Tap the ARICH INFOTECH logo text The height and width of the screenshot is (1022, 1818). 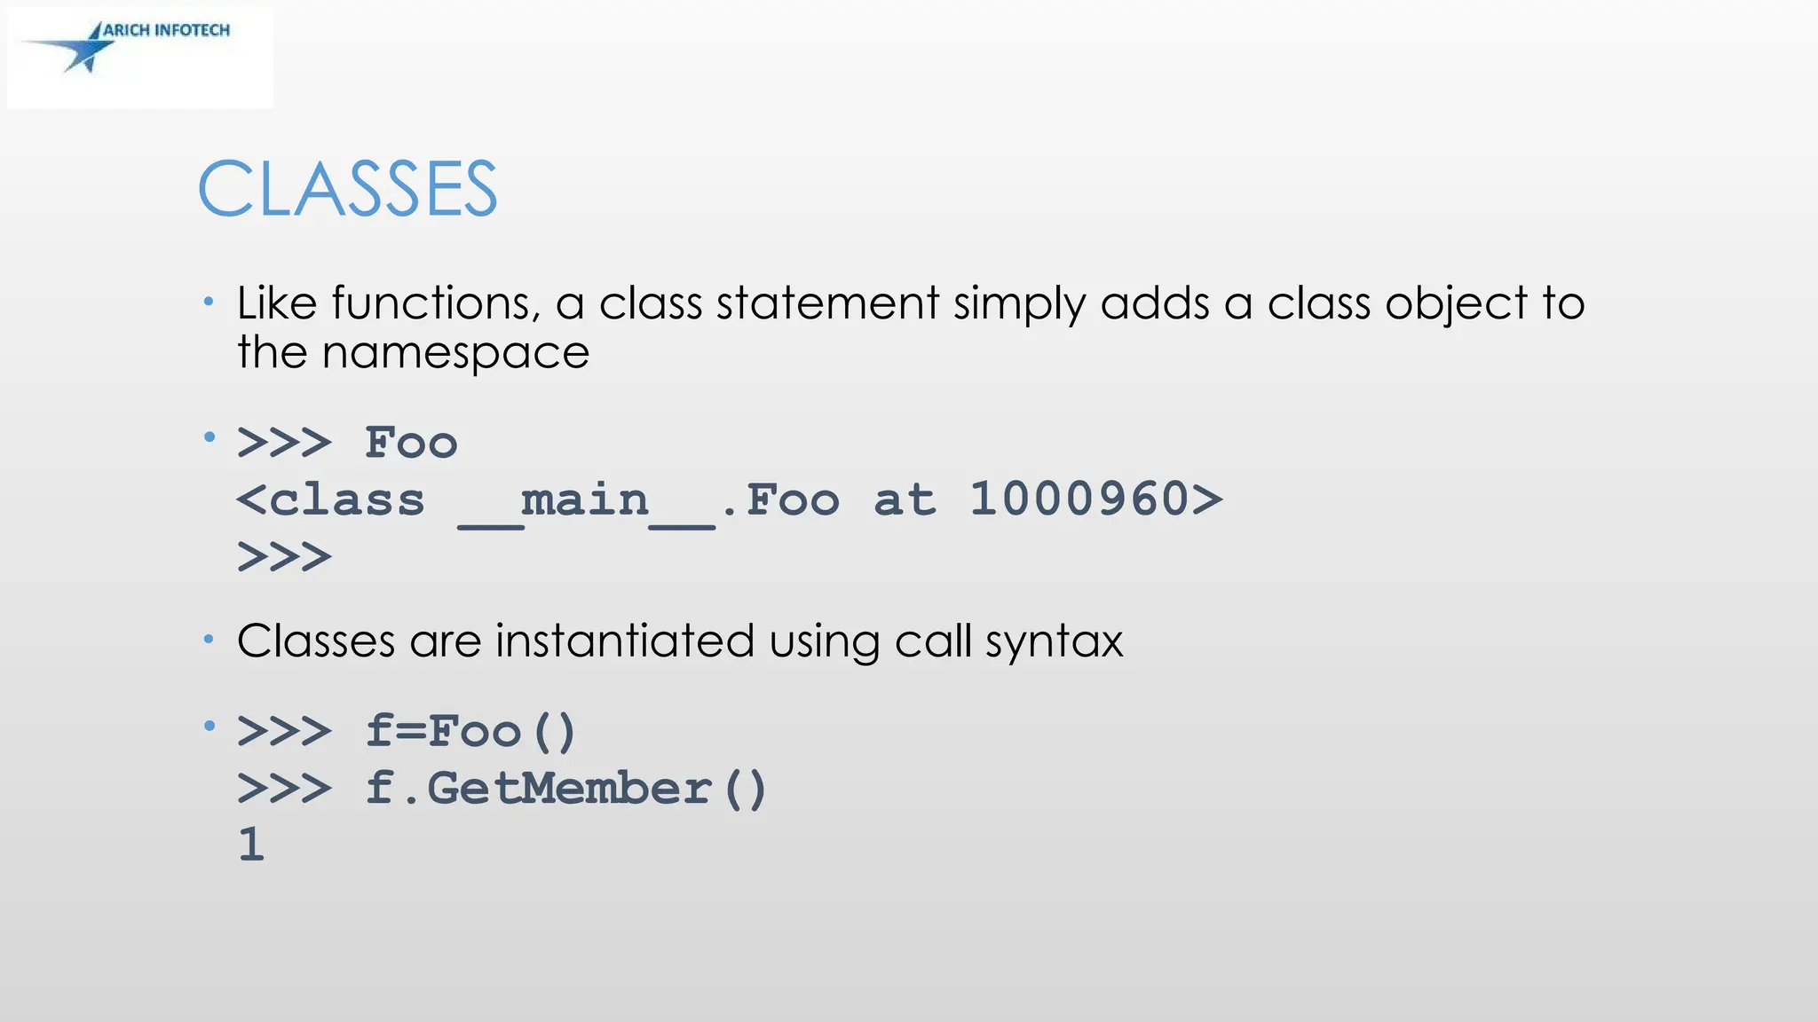[166, 30]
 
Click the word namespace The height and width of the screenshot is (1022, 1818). [455, 353]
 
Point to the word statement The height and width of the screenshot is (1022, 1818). [827, 303]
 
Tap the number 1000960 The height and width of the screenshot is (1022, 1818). [1079, 499]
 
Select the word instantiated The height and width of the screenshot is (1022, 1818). [624, 641]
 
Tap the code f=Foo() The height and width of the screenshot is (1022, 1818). [471, 732]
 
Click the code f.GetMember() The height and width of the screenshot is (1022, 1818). [565, 789]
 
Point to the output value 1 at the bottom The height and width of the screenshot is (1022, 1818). [251, 845]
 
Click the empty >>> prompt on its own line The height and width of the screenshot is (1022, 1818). [284, 558]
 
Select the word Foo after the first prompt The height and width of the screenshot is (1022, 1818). [411, 443]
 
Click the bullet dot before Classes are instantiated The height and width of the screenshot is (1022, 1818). [209, 639]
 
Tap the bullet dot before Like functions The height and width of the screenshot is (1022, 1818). [209, 303]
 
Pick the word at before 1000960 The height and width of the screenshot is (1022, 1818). [905, 499]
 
